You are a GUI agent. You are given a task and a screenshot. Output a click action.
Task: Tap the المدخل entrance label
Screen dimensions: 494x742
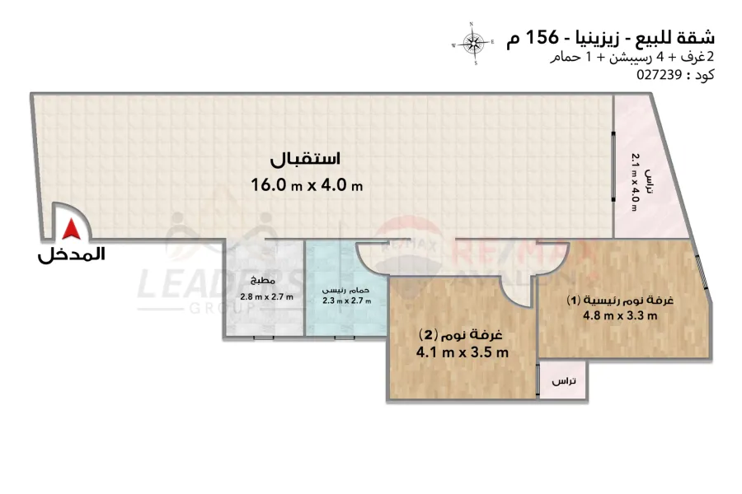point(72,255)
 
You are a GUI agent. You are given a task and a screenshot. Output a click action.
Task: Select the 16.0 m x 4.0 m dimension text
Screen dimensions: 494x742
point(307,185)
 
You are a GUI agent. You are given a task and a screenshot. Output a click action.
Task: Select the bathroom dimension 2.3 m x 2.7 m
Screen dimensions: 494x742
point(346,301)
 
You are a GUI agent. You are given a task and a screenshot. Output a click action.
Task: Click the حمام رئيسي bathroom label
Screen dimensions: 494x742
point(346,290)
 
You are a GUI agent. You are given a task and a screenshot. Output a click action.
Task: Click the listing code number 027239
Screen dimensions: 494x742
point(659,74)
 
